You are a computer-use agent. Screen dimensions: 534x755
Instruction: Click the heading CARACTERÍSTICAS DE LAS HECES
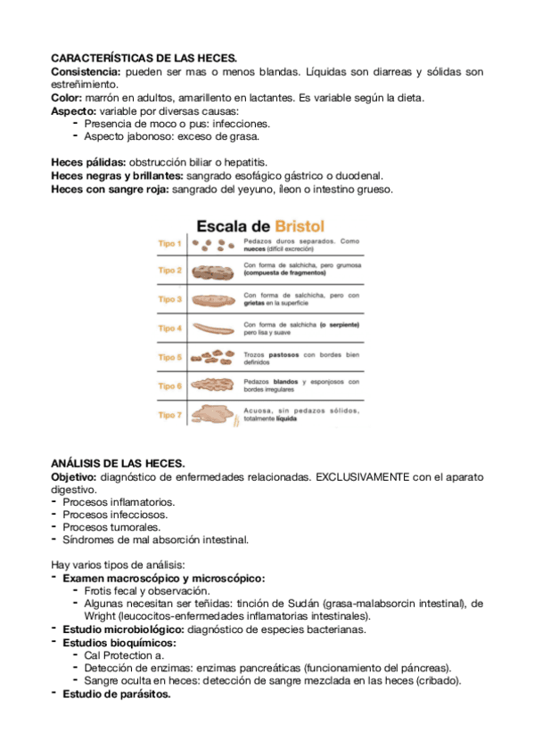pos(144,58)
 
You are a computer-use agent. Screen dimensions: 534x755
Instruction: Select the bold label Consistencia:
pos(86,70)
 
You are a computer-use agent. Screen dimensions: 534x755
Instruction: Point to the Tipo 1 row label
pos(169,243)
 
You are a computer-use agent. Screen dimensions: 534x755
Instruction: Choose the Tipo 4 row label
pos(169,328)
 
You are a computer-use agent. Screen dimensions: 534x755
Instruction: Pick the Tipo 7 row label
pos(169,415)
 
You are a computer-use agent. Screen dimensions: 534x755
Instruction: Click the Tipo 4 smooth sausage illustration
pos(212,329)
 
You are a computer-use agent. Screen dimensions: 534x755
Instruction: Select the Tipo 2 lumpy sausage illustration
pos(212,271)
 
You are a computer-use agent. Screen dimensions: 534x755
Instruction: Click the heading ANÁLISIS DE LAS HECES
pos(118,464)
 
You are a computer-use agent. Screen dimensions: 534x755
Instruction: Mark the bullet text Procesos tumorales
pos(112,527)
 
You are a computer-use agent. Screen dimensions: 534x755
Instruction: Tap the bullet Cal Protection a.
pos(124,655)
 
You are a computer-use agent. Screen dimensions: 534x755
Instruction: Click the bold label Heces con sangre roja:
pos(110,189)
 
